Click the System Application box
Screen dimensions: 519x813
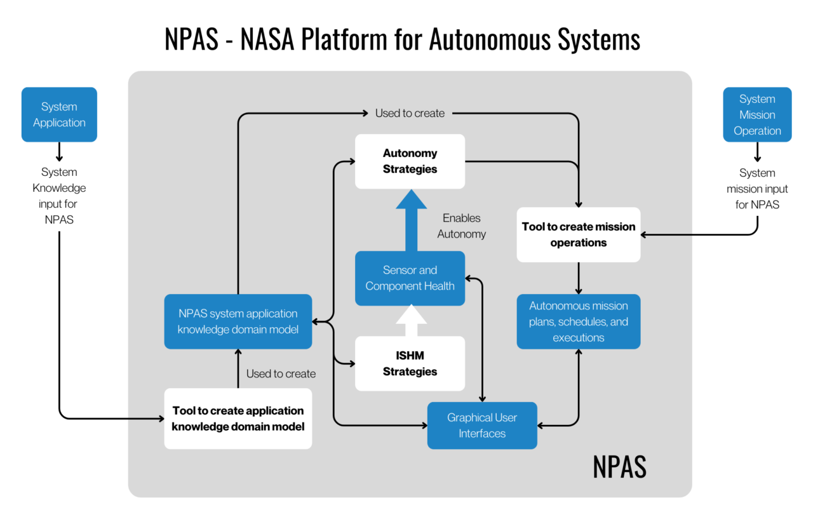click(59, 114)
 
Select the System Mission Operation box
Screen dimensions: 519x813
click(757, 114)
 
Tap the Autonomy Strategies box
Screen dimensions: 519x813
click(410, 161)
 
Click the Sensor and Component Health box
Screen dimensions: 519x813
click(410, 278)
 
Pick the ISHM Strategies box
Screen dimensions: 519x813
click(410, 363)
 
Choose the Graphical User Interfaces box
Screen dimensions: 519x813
click(481, 426)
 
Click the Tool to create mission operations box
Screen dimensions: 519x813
click(578, 234)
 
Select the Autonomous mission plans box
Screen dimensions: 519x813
click(578, 321)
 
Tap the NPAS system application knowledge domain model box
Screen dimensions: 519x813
click(238, 321)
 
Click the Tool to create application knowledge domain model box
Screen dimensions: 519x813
click(238, 419)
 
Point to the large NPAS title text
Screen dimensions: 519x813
click(619, 467)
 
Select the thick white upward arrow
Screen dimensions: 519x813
click(411, 321)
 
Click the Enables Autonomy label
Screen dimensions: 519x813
click(462, 226)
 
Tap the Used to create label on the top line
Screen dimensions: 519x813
click(410, 113)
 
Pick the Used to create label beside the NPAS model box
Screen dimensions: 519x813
click(281, 374)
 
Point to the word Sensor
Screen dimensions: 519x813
click(401, 270)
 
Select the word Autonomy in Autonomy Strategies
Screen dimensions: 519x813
click(410, 153)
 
